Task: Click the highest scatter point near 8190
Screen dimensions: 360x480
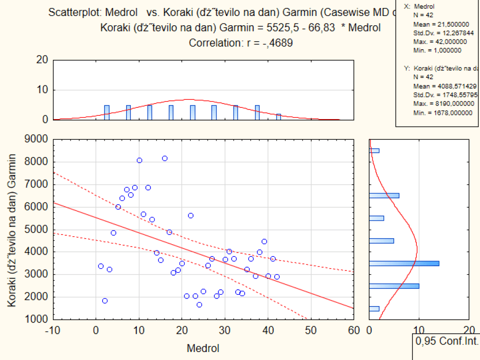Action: tap(165, 158)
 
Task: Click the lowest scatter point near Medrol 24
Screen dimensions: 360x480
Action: tap(199, 305)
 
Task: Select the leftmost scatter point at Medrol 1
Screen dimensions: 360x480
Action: tap(101, 266)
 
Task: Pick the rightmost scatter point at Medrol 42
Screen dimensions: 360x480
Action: tap(277, 277)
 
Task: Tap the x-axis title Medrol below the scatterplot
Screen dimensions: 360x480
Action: tap(202, 348)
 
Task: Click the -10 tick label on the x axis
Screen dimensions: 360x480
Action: tap(53, 330)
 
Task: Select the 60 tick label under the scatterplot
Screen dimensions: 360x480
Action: tap(354, 330)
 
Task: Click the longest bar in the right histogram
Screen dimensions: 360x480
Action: tap(404, 263)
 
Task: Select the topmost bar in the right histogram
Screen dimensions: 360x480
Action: tap(374, 150)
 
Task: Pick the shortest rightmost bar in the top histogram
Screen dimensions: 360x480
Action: tap(278, 117)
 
